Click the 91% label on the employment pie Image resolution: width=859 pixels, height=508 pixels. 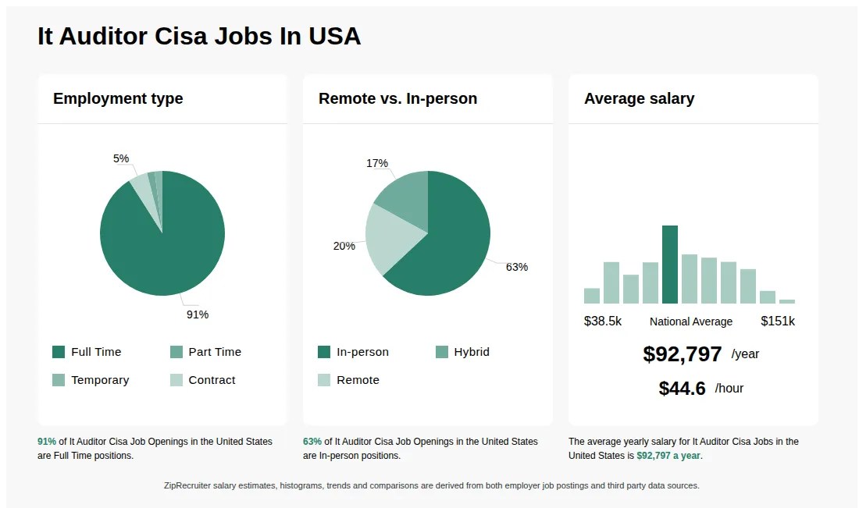pos(197,314)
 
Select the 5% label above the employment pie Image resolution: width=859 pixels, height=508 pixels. pos(121,158)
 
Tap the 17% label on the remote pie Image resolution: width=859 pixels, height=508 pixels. pos(376,163)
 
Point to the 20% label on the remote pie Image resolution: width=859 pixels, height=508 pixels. pos(344,246)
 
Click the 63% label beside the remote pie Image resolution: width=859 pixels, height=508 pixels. pos(516,267)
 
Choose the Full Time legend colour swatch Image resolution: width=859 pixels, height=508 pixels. pos(59,352)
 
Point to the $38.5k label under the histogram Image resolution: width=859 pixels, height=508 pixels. pos(603,321)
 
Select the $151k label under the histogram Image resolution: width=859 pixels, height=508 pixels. pos(778,321)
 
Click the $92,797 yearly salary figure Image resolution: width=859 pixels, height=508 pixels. pos(682,354)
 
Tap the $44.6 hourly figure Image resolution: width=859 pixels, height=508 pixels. pos(682,388)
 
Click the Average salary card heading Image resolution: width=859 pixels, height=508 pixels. pos(639,98)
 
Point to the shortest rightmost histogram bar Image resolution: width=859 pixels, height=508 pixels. pos(787,301)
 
